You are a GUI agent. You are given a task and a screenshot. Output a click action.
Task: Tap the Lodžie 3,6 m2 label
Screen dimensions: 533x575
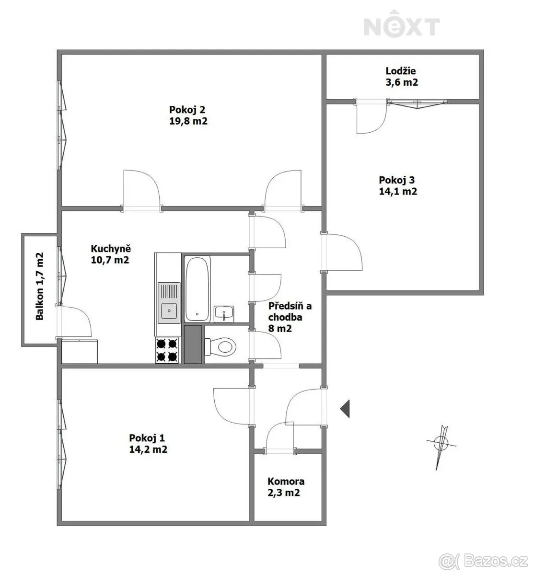pyautogui.click(x=402, y=77)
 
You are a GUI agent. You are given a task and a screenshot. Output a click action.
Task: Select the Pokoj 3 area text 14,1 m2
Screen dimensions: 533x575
pyautogui.click(x=398, y=191)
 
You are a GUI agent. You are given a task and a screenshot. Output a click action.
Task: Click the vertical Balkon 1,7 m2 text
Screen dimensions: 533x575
pyautogui.click(x=39, y=286)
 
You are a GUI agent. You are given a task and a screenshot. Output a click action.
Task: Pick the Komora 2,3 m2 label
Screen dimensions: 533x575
pyautogui.click(x=286, y=487)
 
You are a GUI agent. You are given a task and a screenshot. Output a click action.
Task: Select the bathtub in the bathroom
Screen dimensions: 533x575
pyautogui.click(x=197, y=289)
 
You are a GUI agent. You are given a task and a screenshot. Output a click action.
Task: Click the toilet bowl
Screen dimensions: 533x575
pyautogui.click(x=220, y=346)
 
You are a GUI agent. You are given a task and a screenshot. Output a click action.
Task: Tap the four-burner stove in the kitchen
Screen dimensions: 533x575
pyautogui.click(x=167, y=350)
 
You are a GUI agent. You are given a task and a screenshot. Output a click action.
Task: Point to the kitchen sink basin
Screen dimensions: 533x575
pyautogui.click(x=169, y=311)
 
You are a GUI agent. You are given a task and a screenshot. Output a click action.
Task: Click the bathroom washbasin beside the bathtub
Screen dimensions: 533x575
pyautogui.click(x=224, y=314)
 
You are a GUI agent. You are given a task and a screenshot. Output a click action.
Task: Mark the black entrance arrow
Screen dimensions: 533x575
pyautogui.click(x=345, y=409)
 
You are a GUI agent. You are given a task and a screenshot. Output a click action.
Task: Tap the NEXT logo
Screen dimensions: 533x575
pyautogui.click(x=402, y=24)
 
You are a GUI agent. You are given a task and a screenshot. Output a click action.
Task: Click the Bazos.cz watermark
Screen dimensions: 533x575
pyautogui.click(x=483, y=562)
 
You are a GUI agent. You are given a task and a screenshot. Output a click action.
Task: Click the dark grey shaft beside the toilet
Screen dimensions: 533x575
pyautogui.click(x=193, y=344)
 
